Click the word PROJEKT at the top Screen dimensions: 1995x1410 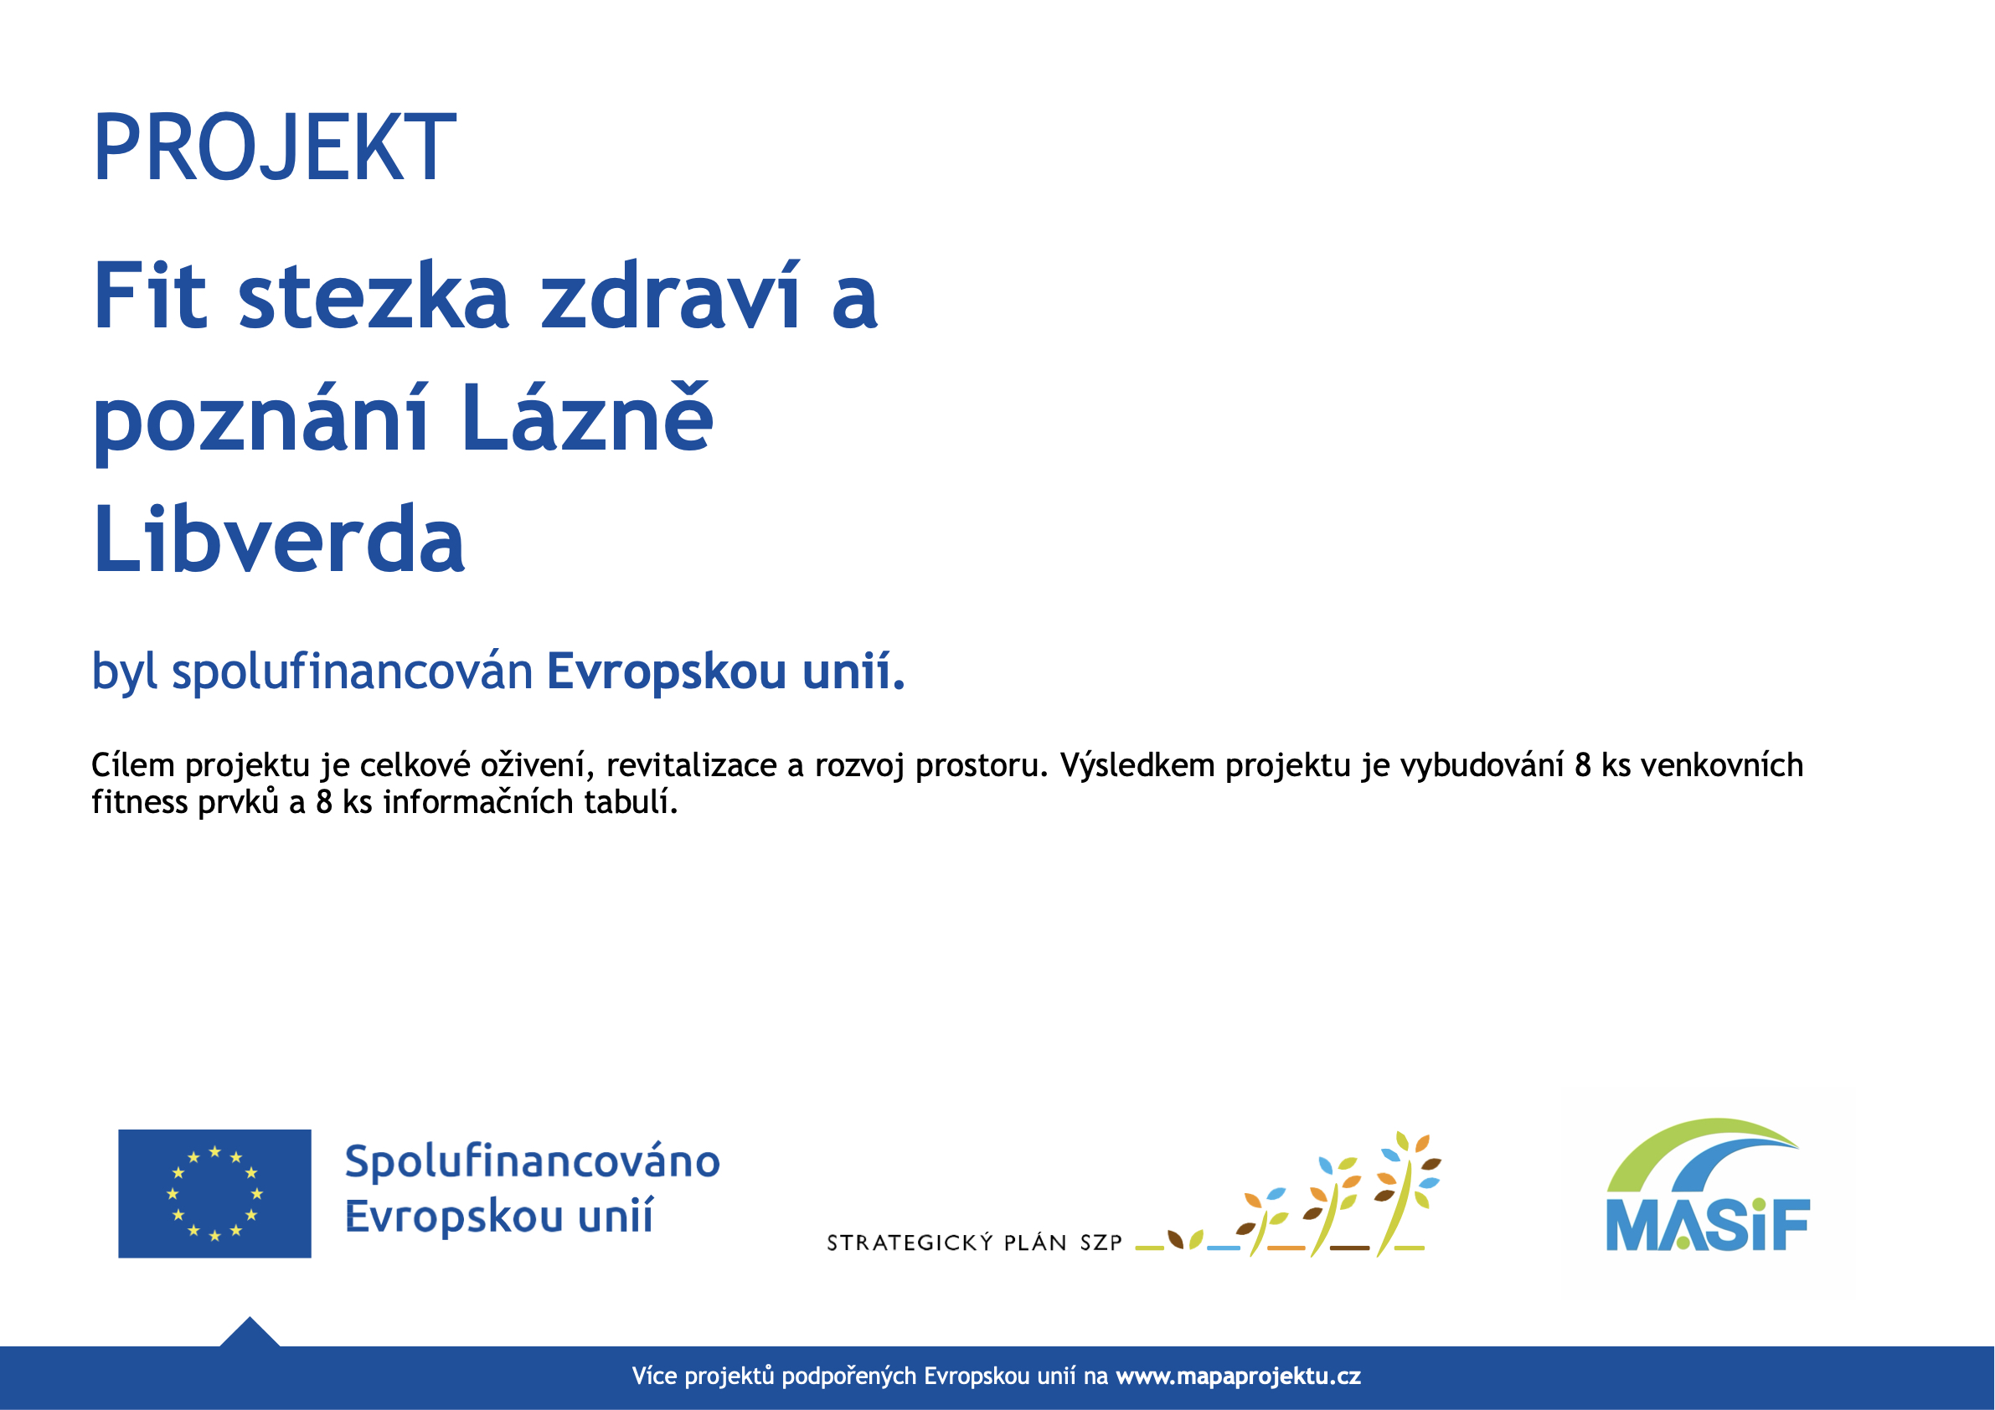click(x=275, y=147)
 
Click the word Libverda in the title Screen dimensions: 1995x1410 click(x=279, y=538)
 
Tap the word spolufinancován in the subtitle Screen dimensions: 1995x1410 click(x=352, y=672)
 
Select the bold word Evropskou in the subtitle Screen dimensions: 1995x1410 click(x=667, y=672)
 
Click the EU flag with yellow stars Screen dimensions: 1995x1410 click(x=214, y=1194)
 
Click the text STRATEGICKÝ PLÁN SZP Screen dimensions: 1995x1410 click(x=974, y=1243)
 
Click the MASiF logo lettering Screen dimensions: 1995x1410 click(x=1709, y=1225)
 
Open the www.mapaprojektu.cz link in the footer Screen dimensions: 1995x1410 click(x=1238, y=1377)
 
